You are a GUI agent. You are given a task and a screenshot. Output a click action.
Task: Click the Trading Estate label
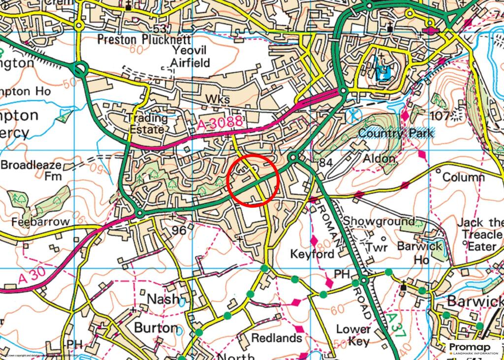(147, 124)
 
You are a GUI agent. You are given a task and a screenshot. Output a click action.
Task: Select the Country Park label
(396, 133)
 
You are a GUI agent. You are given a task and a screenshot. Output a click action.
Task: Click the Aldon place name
(379, 159)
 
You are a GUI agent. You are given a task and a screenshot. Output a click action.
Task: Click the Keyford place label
(312, 254)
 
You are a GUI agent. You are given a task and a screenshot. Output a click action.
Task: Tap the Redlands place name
(276, 338)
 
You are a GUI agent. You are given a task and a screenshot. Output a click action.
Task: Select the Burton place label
(156, 328)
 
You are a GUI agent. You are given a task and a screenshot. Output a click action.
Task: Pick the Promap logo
(473, 348)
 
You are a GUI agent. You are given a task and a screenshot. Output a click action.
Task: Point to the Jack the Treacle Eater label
(480, 234)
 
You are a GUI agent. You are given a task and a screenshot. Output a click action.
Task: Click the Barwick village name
(475, 301)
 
